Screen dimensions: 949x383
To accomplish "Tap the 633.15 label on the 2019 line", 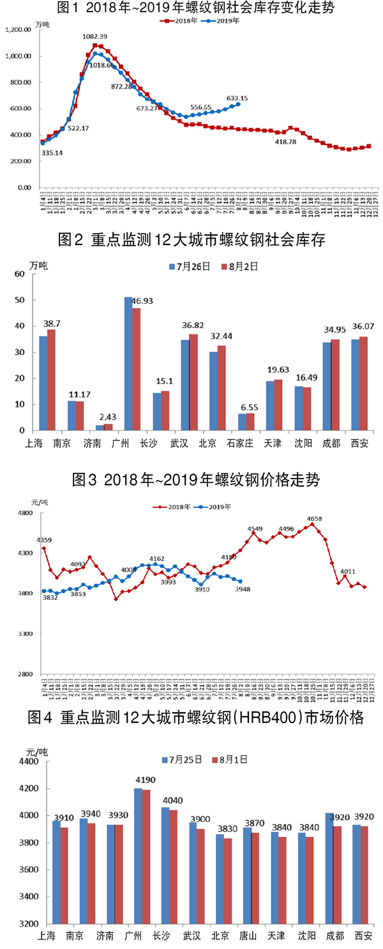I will [x=237, y=98].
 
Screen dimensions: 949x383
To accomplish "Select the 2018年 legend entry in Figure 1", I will [x=183, y=20].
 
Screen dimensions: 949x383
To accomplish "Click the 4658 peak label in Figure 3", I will [x=315, y=519].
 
